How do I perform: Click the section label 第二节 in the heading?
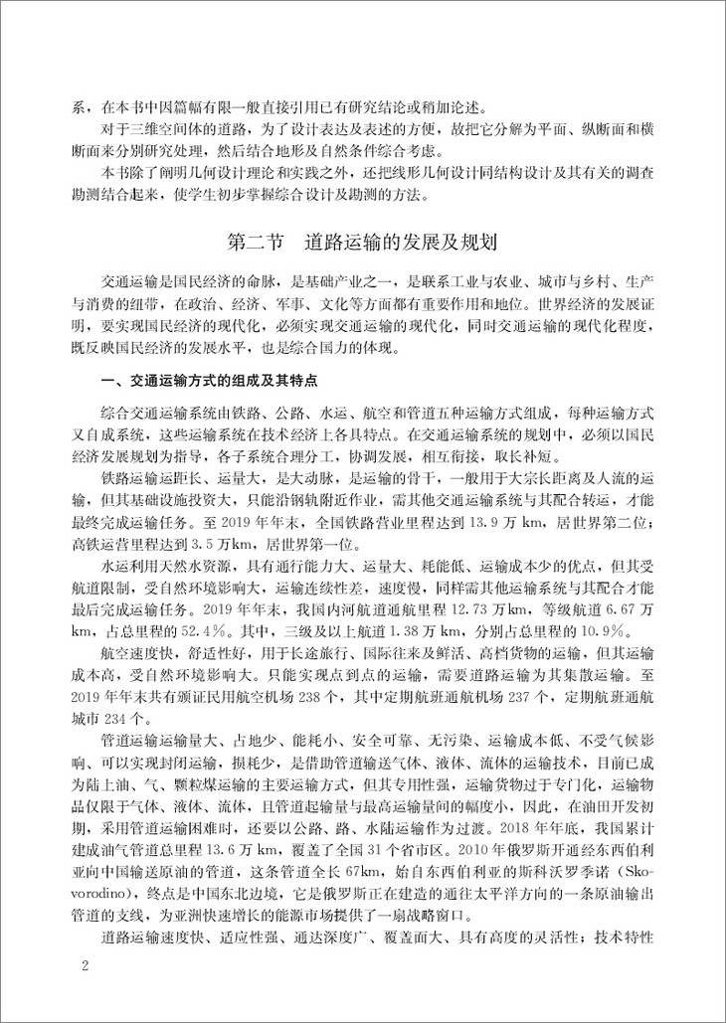[x=257, y=243]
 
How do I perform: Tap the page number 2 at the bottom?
[x=86, y=965]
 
